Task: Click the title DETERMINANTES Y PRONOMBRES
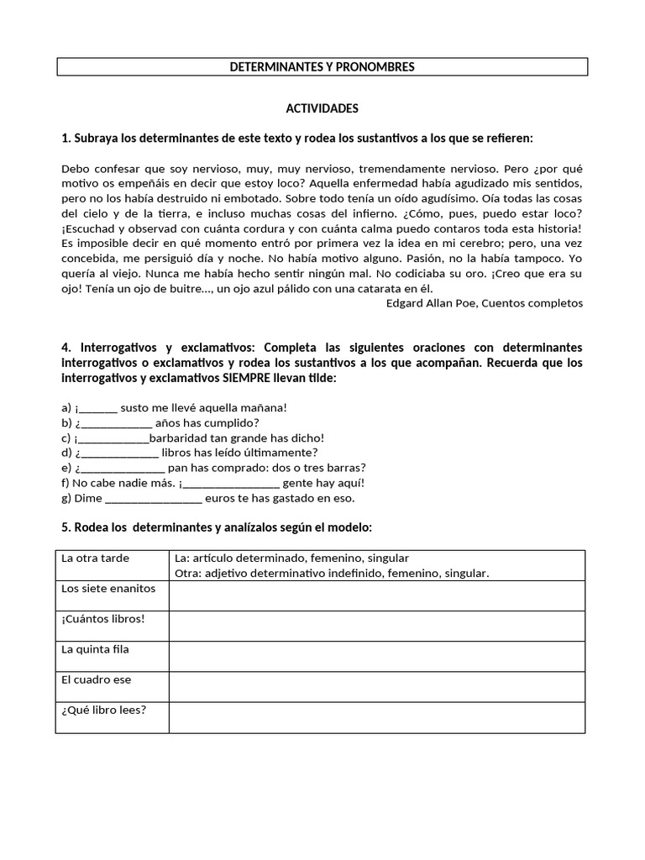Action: coord(322,66)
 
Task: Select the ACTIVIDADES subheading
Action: coord(322,108)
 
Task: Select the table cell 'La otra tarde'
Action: coord(96,558)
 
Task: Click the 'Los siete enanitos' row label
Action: coord(108,589)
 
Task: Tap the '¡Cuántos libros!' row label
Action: coord(103,619)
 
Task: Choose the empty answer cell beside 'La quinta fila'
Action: coord(376,656)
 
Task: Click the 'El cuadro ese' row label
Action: coord(97,679)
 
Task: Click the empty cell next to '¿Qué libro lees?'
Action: coord(376,716)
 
